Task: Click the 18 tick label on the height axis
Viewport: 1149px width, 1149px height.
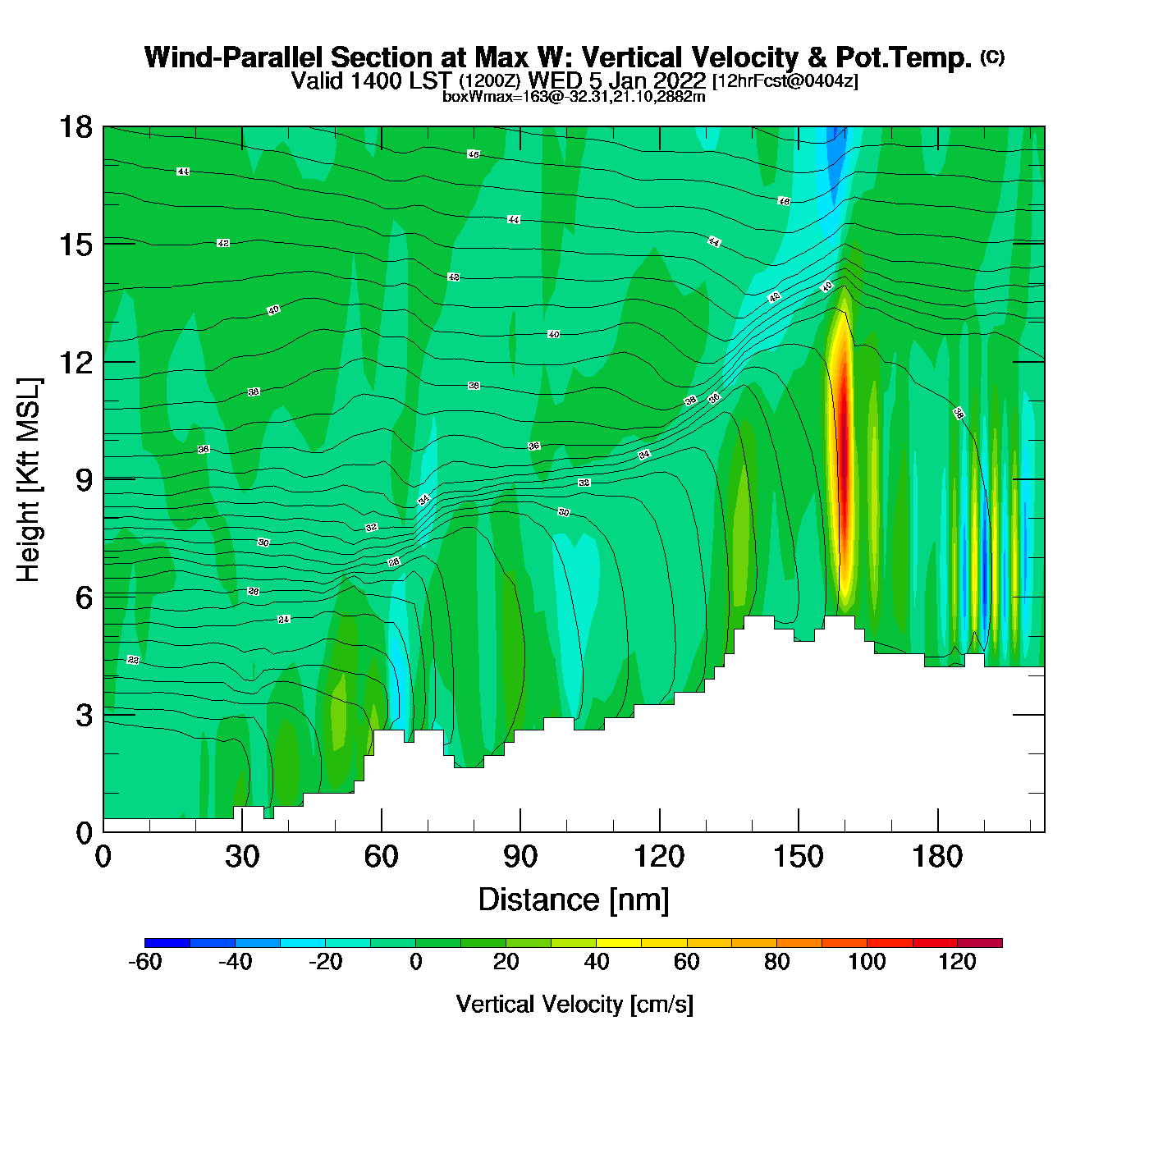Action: click(x=75, y=127)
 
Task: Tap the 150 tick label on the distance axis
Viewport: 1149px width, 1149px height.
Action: click(x=798, y=857)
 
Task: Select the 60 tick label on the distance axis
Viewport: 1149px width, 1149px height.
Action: click(x=381, y=857)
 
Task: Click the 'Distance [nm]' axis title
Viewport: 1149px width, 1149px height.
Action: click(x=574, y=900)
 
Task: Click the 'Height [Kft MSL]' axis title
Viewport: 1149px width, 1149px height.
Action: click(x=29, y=480)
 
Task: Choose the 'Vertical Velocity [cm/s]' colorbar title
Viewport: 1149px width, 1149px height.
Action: click(x=574, y=1004)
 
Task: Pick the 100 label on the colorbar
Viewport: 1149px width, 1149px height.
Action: click(x=867, y=962)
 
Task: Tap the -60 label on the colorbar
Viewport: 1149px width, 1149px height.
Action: click(x=144, y=962)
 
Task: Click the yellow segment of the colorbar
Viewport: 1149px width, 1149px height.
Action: click(x=619, y=943)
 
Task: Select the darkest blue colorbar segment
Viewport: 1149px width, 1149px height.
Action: click(x=167, y=943)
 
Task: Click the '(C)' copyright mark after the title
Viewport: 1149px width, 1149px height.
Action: click(x=991, y=57)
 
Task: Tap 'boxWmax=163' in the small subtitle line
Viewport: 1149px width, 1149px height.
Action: click(x=483, y=97)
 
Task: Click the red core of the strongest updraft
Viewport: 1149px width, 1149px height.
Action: click(x=841, y=460)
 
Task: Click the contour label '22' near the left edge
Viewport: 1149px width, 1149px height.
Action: click(x=133, y=660)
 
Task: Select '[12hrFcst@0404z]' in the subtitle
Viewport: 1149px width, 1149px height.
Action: click(x=785, y=81)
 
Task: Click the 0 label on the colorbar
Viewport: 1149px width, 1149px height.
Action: click(x=416, y=962)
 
